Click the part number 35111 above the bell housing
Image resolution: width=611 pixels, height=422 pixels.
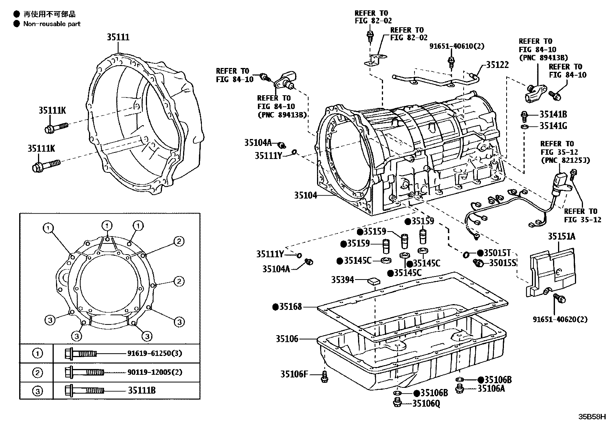click(118, 37)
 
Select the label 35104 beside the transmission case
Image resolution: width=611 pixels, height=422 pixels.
click(305, 195)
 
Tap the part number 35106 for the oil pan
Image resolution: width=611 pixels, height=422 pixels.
click(286, 339)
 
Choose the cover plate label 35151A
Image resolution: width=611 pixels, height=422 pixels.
click(561, 237)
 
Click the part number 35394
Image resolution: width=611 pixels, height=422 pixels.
click(342, 280)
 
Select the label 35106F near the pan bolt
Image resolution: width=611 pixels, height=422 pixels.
click(294, 374)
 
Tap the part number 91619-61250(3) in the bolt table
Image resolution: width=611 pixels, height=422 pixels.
click(154, 353)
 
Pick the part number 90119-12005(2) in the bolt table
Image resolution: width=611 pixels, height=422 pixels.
click(154, 372)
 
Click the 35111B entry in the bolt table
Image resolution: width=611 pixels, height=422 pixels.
click(142, 391)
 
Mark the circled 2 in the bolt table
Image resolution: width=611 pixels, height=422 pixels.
click(37, 372)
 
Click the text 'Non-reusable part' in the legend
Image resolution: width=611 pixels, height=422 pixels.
click(52, 24)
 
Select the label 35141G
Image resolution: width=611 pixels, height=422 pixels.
click(553, 126)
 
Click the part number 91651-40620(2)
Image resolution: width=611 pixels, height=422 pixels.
click(560, 319)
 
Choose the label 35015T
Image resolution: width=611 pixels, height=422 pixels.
click(497, 253)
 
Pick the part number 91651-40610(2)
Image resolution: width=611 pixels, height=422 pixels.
click(457, 46)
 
